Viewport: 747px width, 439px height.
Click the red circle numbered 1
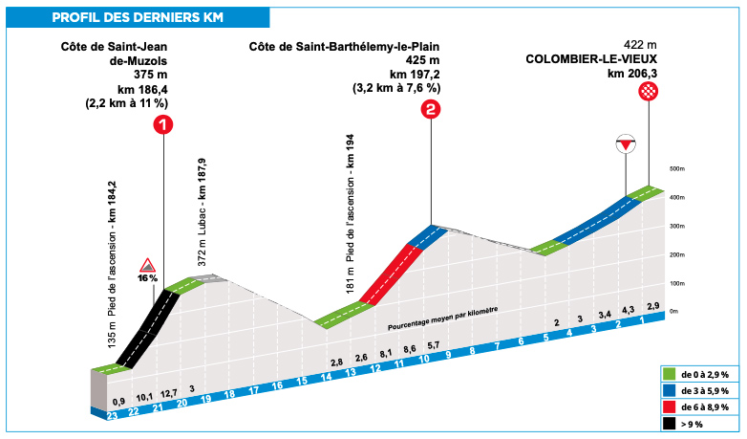click(164, 125)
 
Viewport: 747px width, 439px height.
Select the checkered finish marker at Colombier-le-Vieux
click(650, 91)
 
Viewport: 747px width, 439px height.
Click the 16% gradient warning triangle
click(147, 264)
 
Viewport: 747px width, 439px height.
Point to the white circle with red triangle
click(626, 144)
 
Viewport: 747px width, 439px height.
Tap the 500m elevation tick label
click(677, 168)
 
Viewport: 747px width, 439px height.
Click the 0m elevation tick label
click(674, 311)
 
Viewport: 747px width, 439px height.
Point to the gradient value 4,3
click(628, 309)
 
